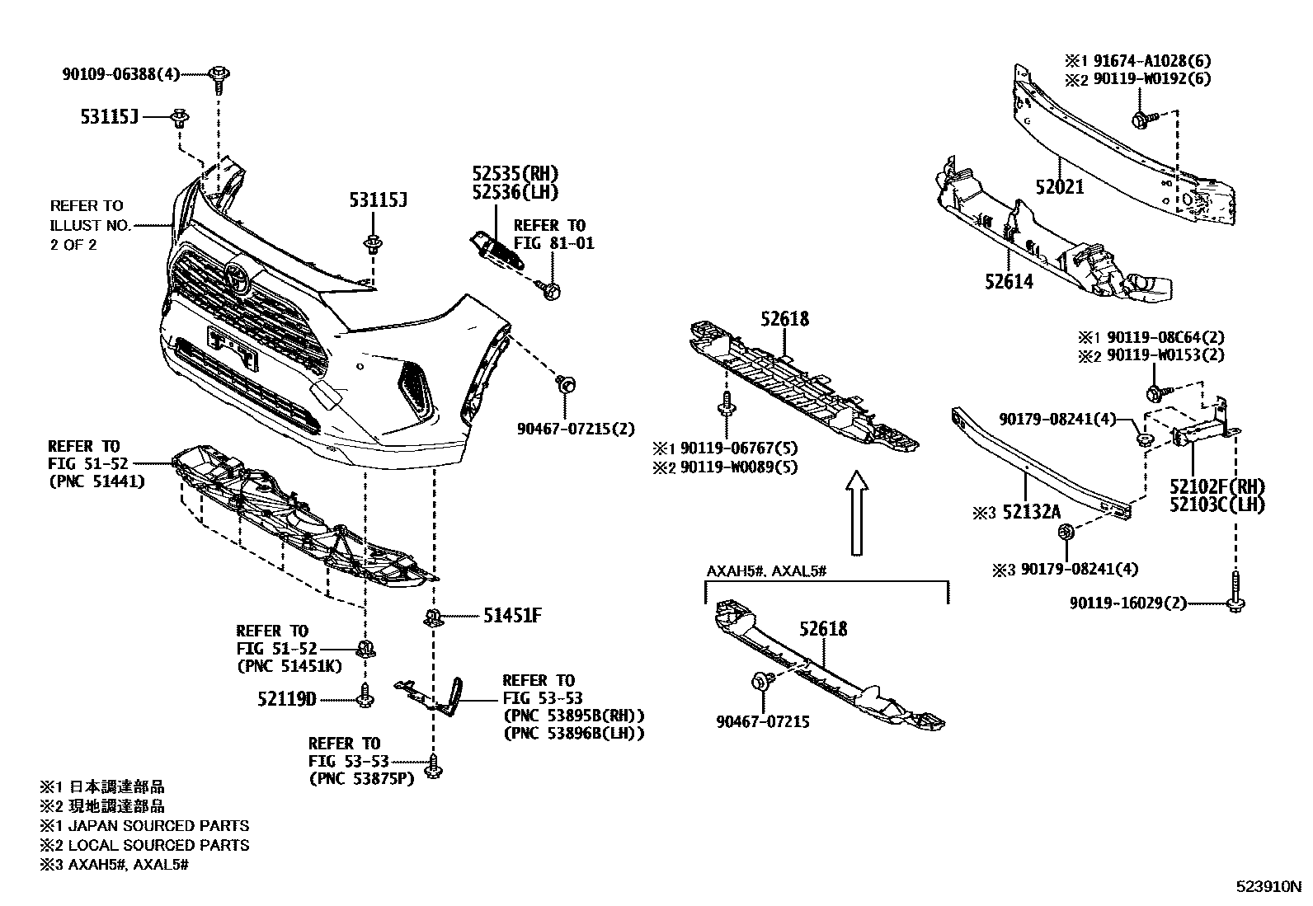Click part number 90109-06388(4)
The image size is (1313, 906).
click(120, 74)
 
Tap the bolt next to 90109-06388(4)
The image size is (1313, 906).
click(219, 77)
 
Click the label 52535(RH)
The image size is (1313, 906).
click(515, 174)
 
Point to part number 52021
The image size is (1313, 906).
click(1060, 188)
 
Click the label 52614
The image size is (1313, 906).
click(1008, 282)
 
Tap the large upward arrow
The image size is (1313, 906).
click(858, 511)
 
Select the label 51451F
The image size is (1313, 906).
click(511, 615)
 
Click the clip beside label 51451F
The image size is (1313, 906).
click(431, 617)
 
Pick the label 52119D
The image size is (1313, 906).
click(286, 699)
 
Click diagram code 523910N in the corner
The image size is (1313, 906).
click(1268, 888)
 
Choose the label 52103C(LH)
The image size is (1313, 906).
click(1217, 505)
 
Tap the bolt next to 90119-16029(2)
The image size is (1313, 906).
click(1235, 600)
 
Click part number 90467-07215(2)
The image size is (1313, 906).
click(576, 429)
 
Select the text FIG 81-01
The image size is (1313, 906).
click(553, 244)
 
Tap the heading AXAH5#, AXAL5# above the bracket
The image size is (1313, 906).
click(766, 571)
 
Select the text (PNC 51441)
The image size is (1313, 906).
click(96, 481)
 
